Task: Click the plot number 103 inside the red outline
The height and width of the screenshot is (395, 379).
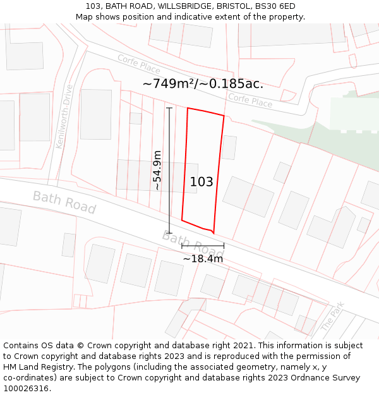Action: point(202,182)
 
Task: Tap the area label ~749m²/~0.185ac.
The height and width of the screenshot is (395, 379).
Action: point(203,83)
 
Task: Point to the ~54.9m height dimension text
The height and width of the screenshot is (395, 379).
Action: point(157,170)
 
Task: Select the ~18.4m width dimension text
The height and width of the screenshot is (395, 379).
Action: point(203,258)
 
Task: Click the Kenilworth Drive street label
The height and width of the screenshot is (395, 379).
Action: point(64,116)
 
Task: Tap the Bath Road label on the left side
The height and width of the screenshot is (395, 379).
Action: point(64,202)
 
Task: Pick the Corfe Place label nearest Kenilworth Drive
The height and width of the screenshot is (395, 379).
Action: point(139,64)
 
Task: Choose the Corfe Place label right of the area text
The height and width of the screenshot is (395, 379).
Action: point(250,100)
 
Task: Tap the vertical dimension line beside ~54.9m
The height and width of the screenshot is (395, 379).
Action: point(169,171)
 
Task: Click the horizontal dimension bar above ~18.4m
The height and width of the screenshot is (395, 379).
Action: point(203,246)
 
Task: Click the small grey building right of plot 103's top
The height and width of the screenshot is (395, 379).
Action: point(229,147)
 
